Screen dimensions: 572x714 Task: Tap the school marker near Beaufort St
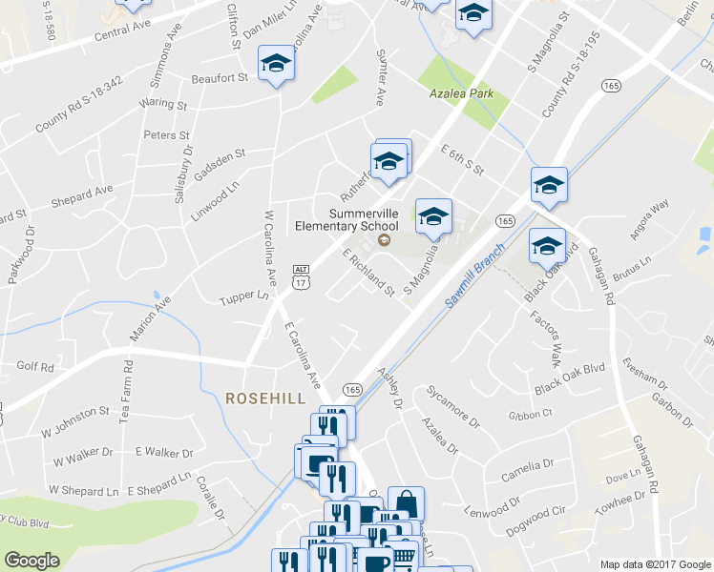point(277,64)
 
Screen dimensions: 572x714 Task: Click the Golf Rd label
point(35,366)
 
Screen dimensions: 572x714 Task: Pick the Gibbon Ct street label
point(530,414)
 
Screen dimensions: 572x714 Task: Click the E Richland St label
point(368,273)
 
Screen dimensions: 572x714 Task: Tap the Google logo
point(31,561)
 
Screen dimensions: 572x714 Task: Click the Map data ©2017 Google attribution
point(656,564)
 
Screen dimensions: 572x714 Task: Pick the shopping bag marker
point(406,503)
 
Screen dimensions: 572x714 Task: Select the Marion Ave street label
point(151,320)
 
